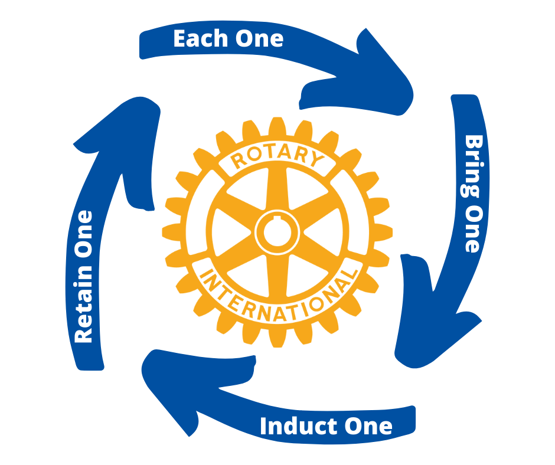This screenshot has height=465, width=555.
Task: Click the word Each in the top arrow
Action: pyautogui.click(x=198, y=39)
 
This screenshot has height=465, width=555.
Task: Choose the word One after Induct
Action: pyautogui.click(x=367, y=426)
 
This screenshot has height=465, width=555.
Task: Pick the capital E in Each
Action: pyautogui.click(x=180, y=39)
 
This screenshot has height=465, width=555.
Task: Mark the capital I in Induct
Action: pyautogui.click(x=264, y=426)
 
